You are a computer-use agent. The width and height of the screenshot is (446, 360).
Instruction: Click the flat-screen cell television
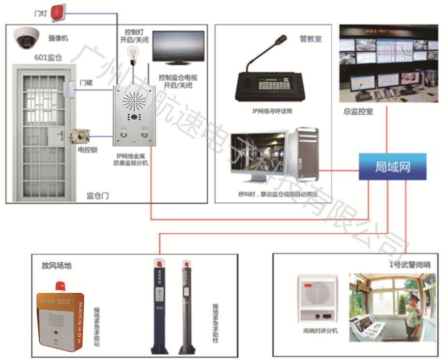click(x=178, y=48)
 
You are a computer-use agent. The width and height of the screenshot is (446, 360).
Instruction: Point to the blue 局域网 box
click(x=392, y=166)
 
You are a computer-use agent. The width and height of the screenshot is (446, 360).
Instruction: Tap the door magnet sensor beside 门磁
click(x=68, y=88)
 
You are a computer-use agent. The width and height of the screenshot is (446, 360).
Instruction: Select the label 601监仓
click(x=48, y=57)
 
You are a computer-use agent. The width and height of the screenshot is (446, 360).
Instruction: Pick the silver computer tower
click(x=304, y=154)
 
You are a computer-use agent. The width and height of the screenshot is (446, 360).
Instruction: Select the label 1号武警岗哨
click(x=410, y=265)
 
